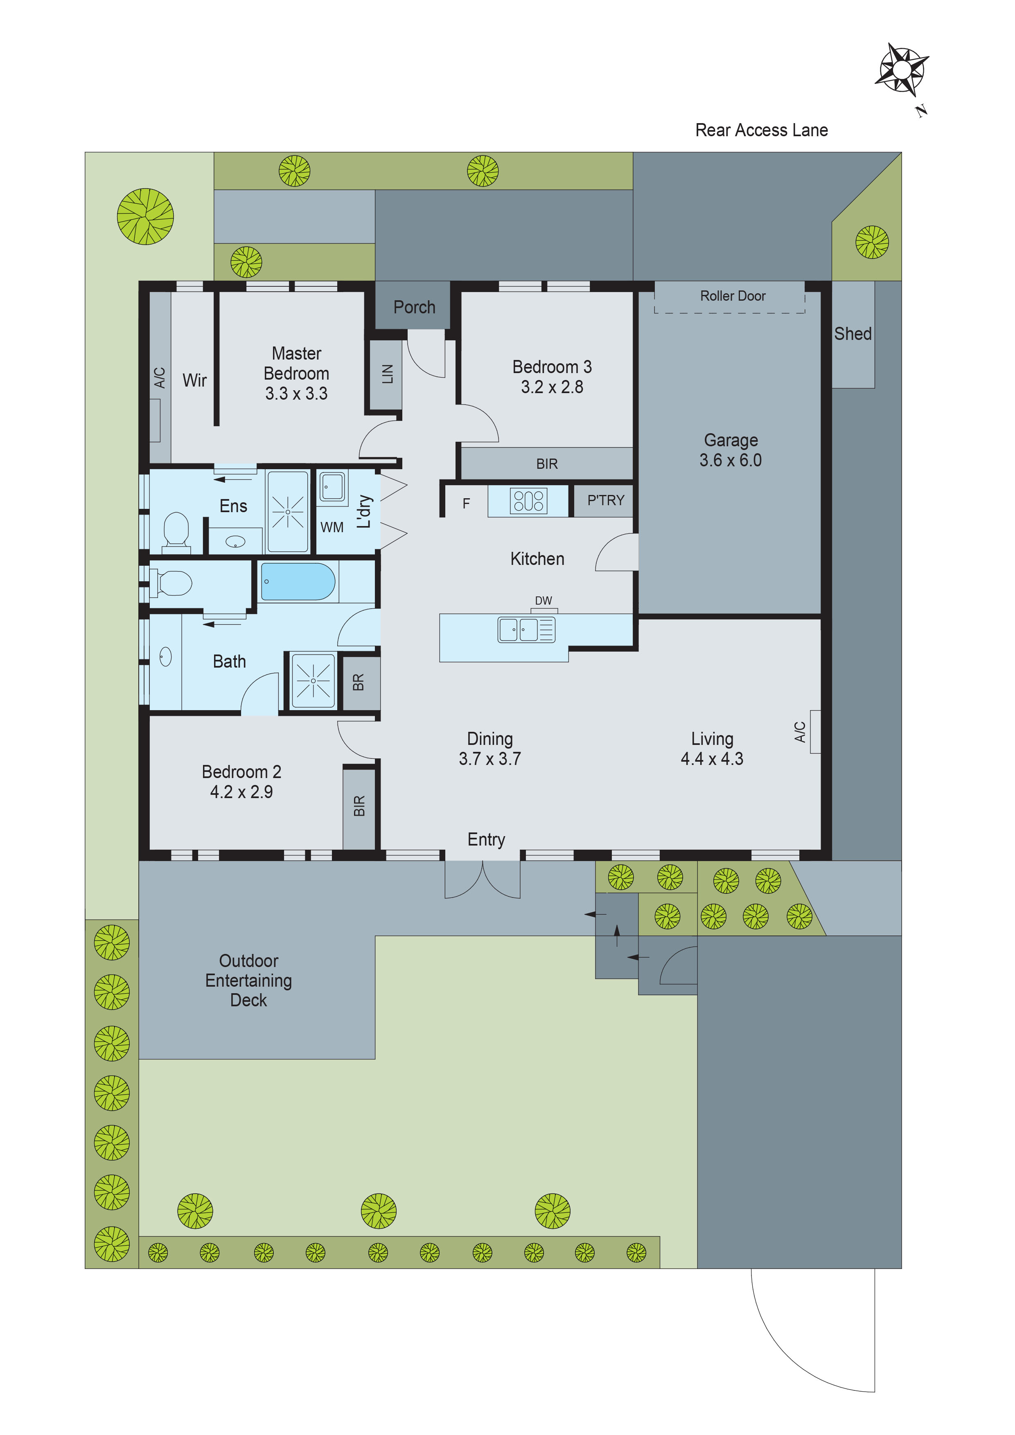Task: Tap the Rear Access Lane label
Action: point(761,130)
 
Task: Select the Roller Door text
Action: point(732,296)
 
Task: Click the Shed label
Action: point(853,334)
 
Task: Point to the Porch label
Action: point(414,307)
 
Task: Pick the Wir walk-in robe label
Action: point(194,380)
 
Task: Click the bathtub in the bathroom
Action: point(298,581)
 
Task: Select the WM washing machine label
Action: point(332,528)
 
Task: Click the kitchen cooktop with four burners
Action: point(528,501)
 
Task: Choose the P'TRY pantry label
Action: point(605,500)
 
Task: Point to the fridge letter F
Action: point(466,503)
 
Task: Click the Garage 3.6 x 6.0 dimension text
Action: point(731,460)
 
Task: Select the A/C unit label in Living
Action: point(800,731)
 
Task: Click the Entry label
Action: point(486,839)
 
